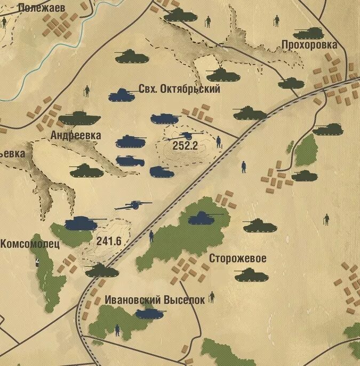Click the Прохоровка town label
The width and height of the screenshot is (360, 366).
tap(309, 45)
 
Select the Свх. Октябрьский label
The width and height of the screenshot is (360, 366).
tap(179, 89)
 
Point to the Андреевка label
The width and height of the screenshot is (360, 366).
tap(75, 135)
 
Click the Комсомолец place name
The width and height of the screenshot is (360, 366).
tap(30, 243)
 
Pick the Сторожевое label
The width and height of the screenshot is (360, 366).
tap(237, 258)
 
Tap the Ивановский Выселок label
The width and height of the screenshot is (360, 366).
tap(154, 300)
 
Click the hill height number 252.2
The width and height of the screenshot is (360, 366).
tap(185, 145)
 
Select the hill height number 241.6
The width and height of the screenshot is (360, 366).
tap(109, 241)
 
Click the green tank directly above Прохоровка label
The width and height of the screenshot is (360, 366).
tap(308, 33)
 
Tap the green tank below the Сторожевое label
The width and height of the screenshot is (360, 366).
tap(251, 275)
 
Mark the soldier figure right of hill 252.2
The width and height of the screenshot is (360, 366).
tap(219, 142)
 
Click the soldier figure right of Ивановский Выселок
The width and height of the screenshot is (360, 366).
tap(212, 297)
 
